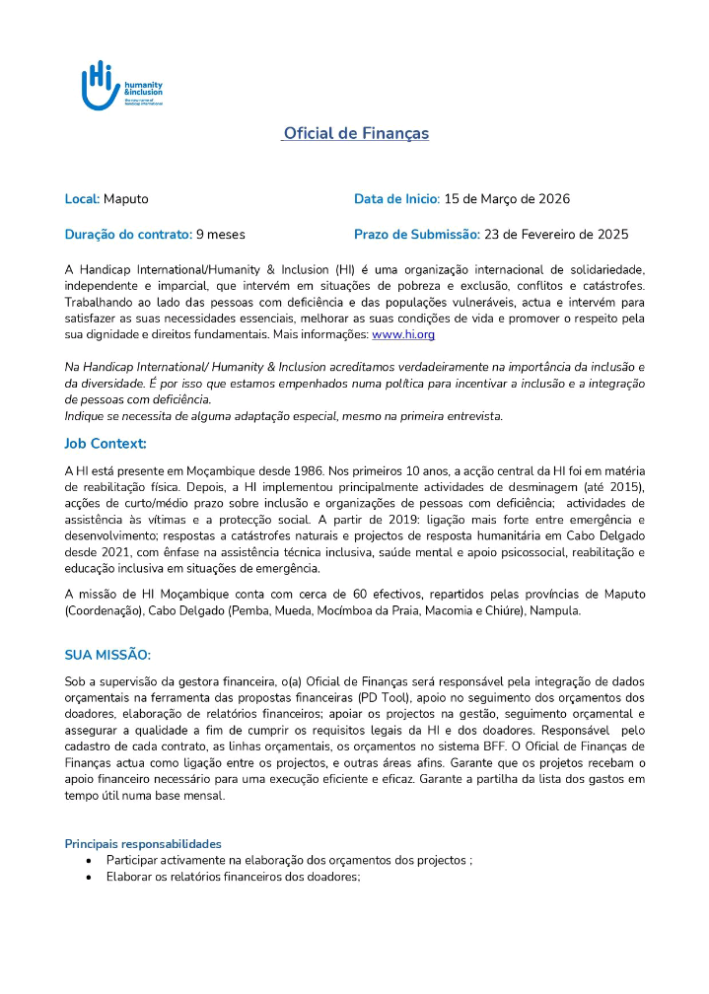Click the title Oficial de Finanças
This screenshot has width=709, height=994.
pos(355,133)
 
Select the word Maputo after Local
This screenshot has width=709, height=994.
pos(126,199)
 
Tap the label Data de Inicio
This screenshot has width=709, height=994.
pos(396,199)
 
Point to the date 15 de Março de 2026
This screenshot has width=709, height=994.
pos(507,199)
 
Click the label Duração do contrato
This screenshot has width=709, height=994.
pos(128,235)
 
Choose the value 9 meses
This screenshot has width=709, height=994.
pos(221,235)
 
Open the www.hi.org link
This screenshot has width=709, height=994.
pos(403,335)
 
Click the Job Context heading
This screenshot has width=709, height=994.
pos(106,444)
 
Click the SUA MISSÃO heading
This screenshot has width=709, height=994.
pos(107,655)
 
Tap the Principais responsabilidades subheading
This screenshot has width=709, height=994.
pos(143,844)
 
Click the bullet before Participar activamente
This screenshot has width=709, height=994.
pos(89,860)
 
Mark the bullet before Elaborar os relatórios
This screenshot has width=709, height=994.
pos(89,876)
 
